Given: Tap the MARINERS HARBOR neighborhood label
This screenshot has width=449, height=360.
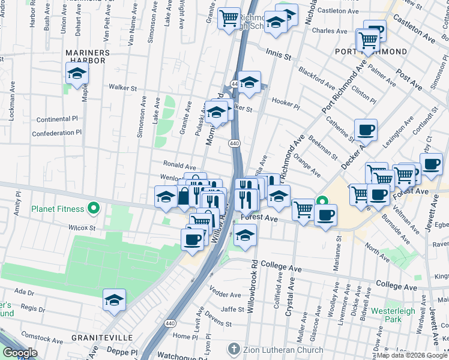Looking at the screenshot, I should tap(88, 53).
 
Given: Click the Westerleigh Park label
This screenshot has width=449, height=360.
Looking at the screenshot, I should tap(392, 315).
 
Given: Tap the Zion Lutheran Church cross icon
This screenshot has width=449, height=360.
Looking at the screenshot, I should tap(234, 349).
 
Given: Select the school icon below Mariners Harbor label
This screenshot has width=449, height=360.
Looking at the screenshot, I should tap(77, 74).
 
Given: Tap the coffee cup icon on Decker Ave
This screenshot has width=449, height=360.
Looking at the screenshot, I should tap(366, 130).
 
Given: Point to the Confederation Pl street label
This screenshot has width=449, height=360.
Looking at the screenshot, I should tap(56, 133).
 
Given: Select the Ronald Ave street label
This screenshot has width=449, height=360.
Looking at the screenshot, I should tap(179, 165).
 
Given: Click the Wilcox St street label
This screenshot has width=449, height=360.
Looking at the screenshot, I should tap(82, 228).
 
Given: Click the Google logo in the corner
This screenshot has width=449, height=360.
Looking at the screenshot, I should tap(20, 353).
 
